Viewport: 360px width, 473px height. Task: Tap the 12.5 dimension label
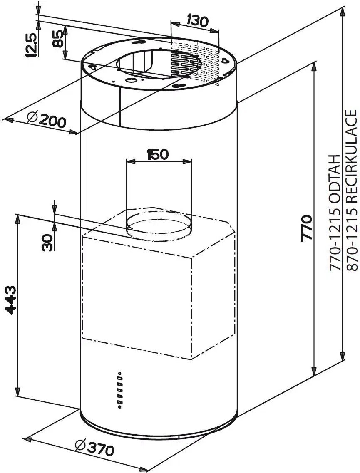[31, 45]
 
